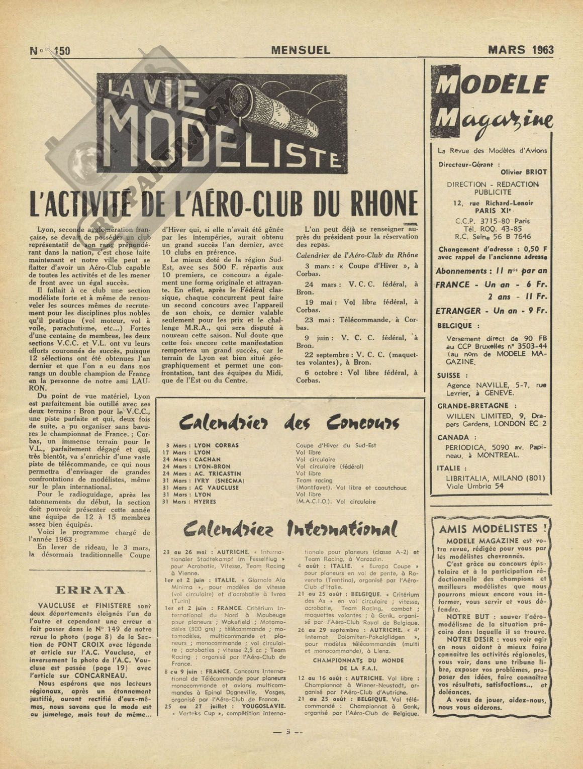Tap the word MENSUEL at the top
(x=301, y=50)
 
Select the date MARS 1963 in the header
(x=521, y=49)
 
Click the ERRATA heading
(x=90, y=590)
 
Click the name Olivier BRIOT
(x=524, y=171)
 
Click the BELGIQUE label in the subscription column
(x=451, y=326)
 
